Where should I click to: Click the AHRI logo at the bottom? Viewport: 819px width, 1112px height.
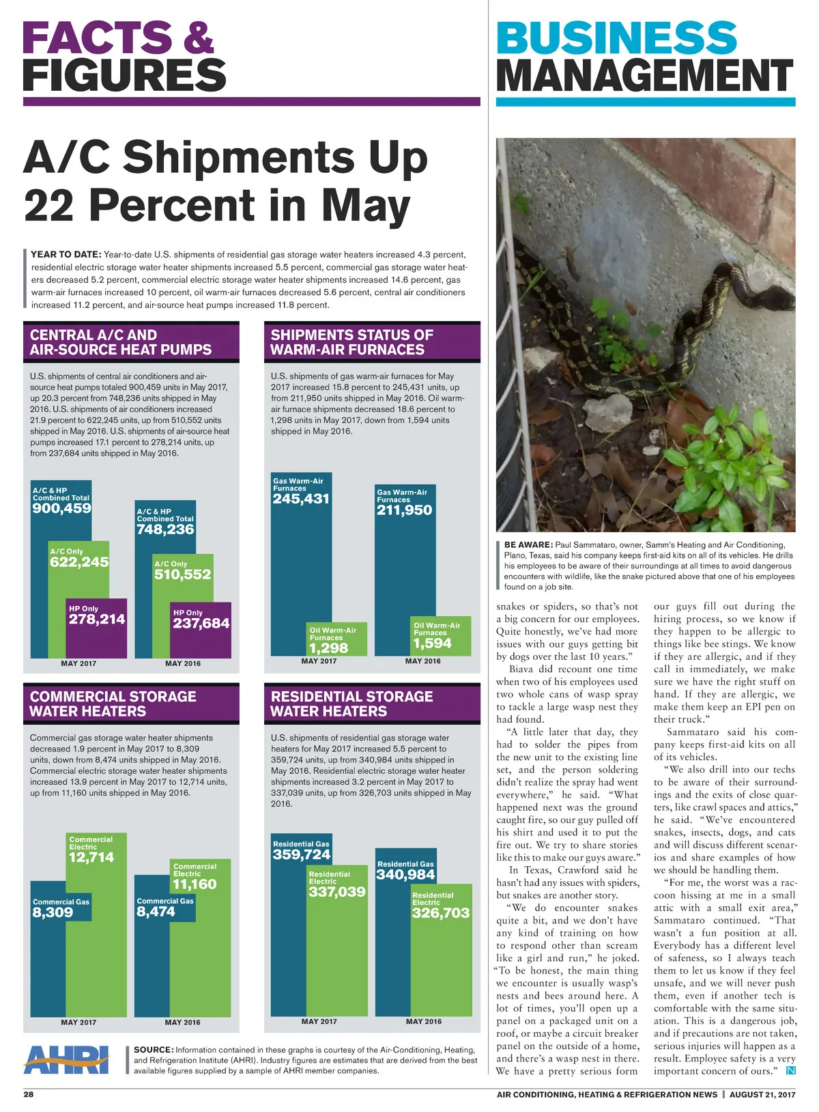pyautogui.click(x=66, y=1059)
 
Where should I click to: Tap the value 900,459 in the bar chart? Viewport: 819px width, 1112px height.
pyautogui.click(x=61, y=508)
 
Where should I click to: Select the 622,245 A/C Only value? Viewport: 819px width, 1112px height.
pyautogui.click(x=79, y=562)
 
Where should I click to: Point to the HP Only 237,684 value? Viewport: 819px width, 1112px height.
pyautogui.click(x=201, y=623)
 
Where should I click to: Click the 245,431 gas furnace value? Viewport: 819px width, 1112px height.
pyautogui.click(x=301, y=499)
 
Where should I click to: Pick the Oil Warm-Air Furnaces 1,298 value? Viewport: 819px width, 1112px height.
pyautogui.click(x=329, y=648)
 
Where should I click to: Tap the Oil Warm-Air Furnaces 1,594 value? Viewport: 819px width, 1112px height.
pyautogui.click(x=433, y=643)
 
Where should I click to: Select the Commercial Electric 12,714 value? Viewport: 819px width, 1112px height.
pyautogui.click(x=91, y=857)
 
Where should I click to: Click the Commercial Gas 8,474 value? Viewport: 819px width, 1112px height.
pyautogui.click(x=156, y=912)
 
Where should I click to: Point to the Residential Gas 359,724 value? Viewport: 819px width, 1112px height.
pyautogui.click(x=301, y=854)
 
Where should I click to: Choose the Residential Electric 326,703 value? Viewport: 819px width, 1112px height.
pyautogui.click(x=441, y=913)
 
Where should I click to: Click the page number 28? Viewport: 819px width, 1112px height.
pyautogui.click(x=29, y=1094)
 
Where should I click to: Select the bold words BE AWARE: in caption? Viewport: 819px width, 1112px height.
pyautogui.click(x=528, y=544)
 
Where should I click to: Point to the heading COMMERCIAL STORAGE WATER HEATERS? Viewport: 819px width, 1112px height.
pyautogui.click(x=113, y=704)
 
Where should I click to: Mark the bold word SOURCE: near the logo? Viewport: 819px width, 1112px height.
pyautogui.click(x=153, y=1050)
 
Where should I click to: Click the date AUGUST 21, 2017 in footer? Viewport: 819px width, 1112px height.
pyautogui.click(x=762, y=1094)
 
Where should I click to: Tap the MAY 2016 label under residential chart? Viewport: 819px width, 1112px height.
pyautogui.click(x=423, y=1021)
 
